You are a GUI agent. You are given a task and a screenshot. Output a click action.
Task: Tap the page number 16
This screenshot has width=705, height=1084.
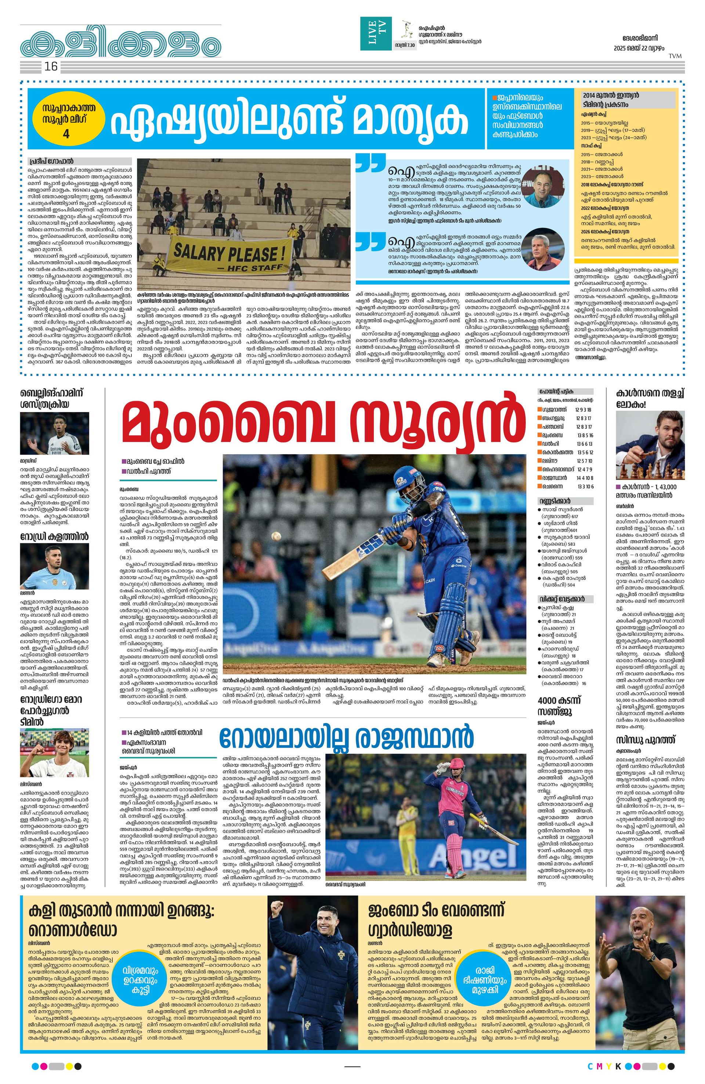(51, 67)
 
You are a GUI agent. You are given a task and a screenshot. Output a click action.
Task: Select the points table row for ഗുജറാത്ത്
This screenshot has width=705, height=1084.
(565, 410)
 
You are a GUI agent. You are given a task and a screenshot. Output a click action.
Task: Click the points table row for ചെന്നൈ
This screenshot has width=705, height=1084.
(565, 487)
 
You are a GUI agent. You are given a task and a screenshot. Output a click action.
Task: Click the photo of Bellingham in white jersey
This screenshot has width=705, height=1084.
(54, 433)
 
